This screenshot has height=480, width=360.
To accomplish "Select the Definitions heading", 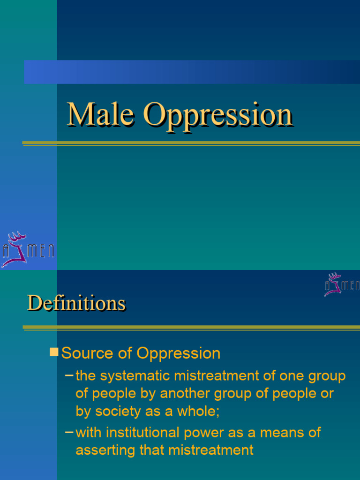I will click(x=76, y=303).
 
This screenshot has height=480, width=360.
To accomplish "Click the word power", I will click(x=210, y=433).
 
